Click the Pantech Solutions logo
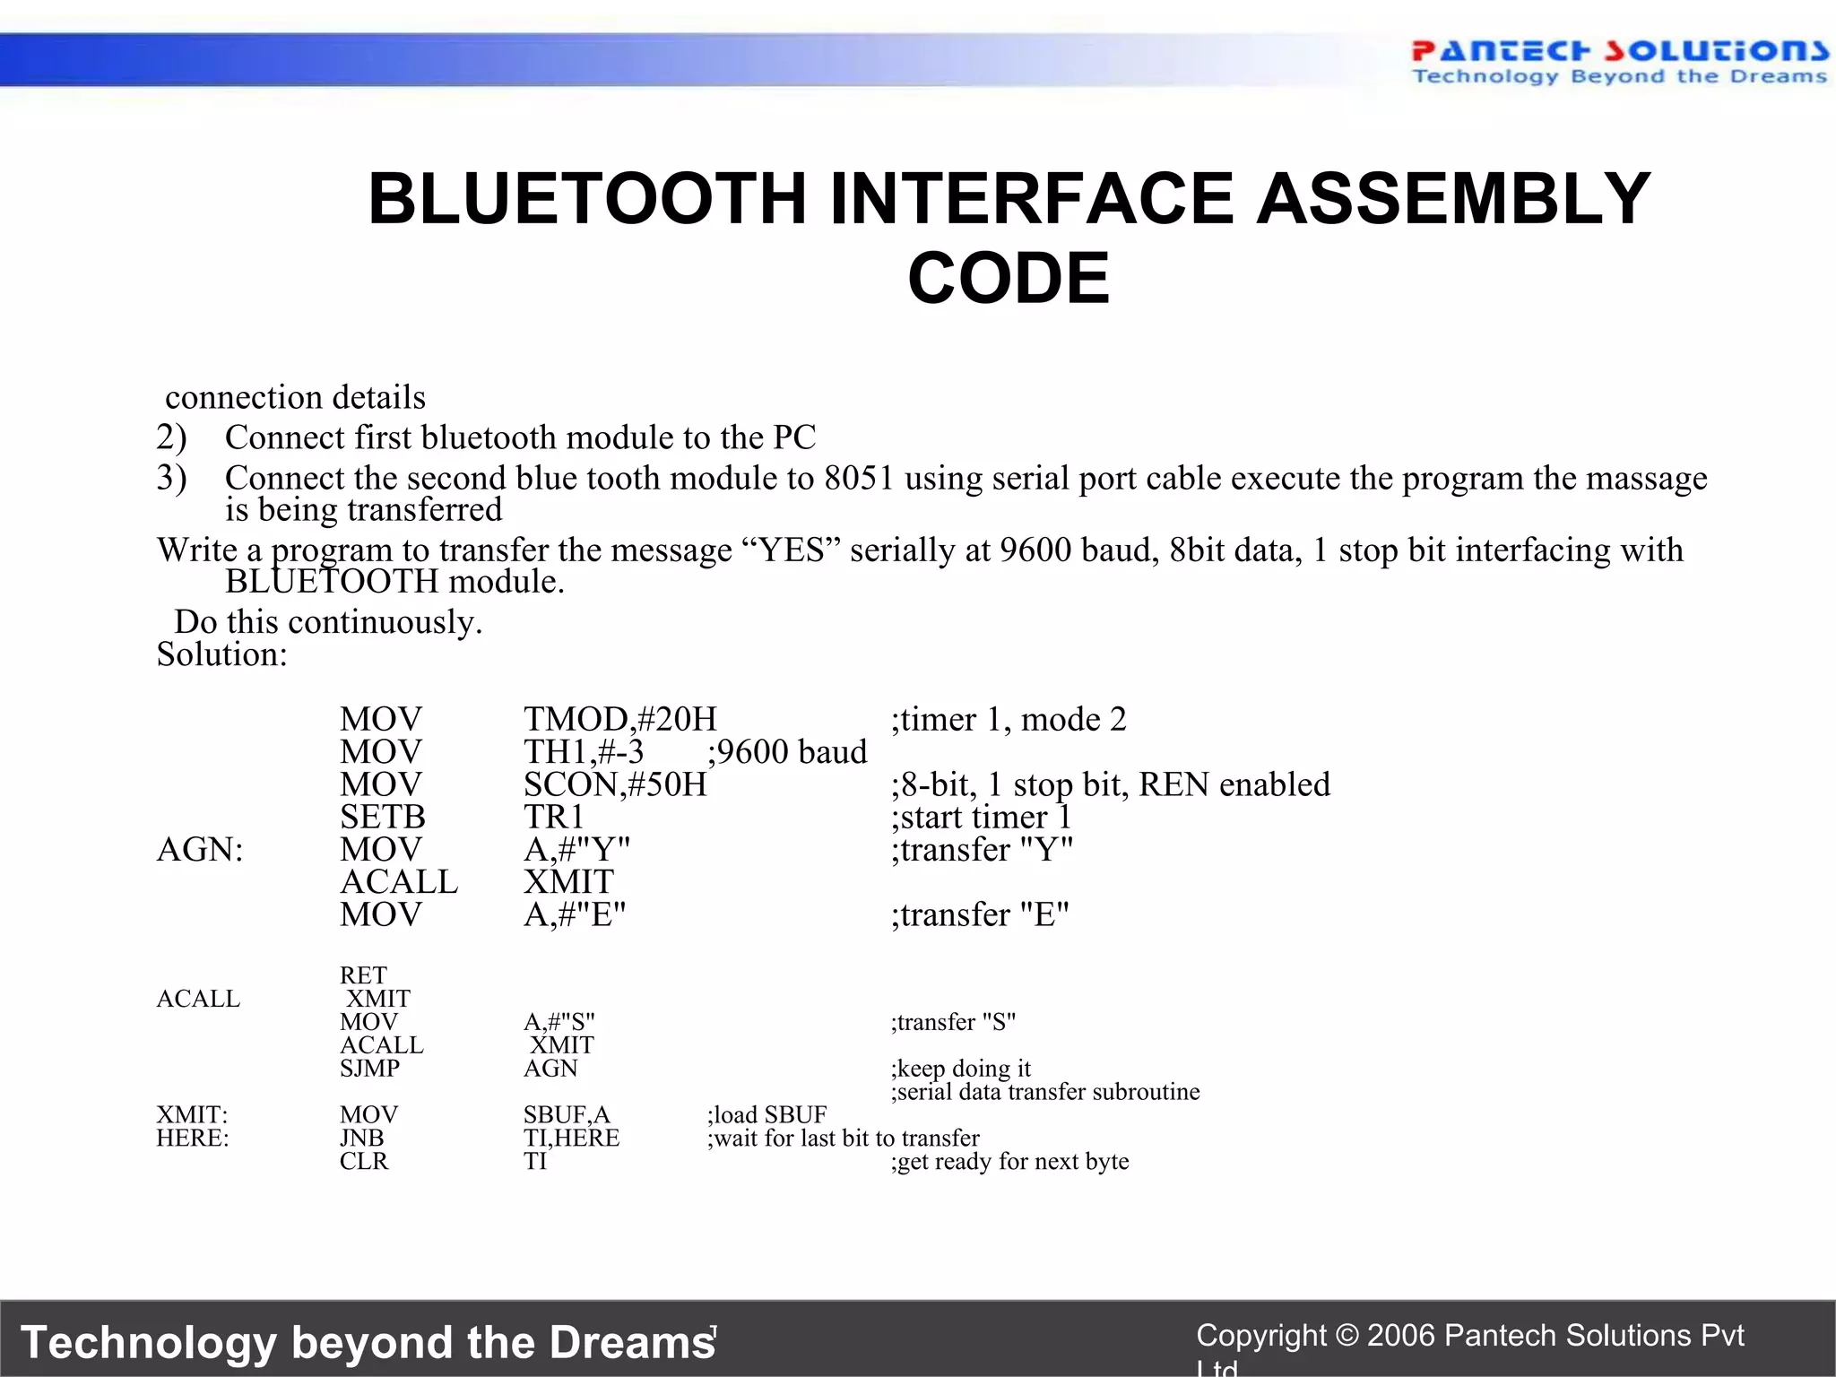coord(1618,61)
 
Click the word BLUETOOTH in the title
coord(587,198)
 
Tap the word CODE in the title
coord(1009,278)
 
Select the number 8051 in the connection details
coord(859,478)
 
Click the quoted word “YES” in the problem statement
coord(792,550)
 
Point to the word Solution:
coord(221,654)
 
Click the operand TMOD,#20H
coord(619,719)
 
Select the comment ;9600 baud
coord(787,751)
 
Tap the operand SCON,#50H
coord(615,784)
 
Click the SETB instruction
coord(382,817)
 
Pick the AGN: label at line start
coord(200,849)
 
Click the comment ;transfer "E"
coord(980,914)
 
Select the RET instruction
coord(363,975)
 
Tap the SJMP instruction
coord(369,1069)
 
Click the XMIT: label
coord(192,1115)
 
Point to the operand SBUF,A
coord(567,1115)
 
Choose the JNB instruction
coord(361,1139)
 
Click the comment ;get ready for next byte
coord(1009,1162)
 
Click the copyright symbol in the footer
coord(1347,1336)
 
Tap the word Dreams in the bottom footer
coord(631,1342)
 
